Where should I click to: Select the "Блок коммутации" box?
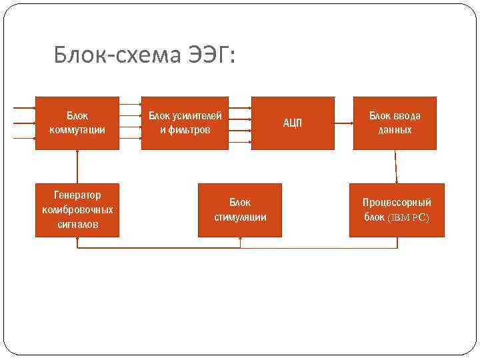pyautogui.click(x=77, y=123)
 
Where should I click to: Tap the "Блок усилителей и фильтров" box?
pyautogui.click(x=185, y=123)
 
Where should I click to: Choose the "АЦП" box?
pyautogui.click(x=293, y=123)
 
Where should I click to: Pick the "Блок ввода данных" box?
pyautogui.click(x=395, y=123)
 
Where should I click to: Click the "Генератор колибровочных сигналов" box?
pyautogui.click(x=77, y=210)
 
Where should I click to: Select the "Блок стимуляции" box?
pyautogui.click(x=240, y=210)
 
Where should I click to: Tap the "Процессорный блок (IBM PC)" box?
pyautogui.click(x=397, y=210)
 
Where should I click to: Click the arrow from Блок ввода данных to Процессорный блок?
pyautogui.click(x=396, y=167)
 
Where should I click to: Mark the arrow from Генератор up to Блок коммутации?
pyautogui.click(x=78, y=166)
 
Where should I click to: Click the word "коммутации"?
pyautogui.click(x=77, y=130)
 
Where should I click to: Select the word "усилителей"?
pyautogui.click(x=197, y=116)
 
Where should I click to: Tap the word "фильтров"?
pyautogui.click(x=189, y=130)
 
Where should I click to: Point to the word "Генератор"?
pyautogui.click(x=77, y=195)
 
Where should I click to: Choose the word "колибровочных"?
pyautogui.click(x=77, y=210)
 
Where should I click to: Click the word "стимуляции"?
pyautogui.click(x=240, y=217)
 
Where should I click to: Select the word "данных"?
pyautogui.click(x=395, y=130)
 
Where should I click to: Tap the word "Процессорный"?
pyautogui.click(x=397, y=203)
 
